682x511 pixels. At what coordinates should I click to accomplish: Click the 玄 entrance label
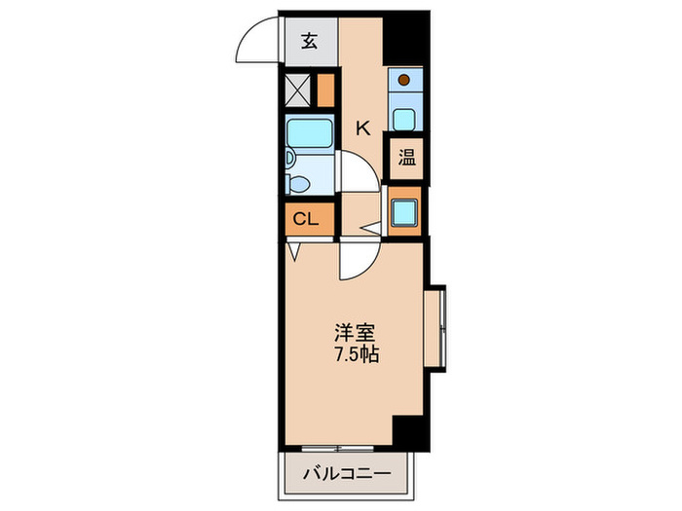click(309, 42)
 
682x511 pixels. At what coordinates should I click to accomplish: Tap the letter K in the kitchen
click(362, 127)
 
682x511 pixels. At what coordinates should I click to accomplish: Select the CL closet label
click(306, 219)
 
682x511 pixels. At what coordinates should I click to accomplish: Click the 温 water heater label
click(405, 158)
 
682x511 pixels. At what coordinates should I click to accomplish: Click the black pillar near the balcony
click(411, 431)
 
